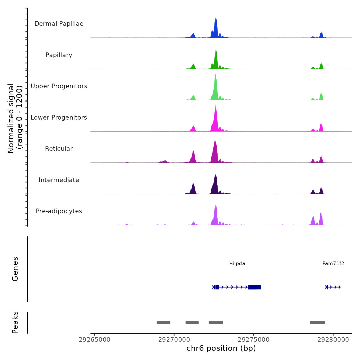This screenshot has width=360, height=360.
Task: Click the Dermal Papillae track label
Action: (59, 24)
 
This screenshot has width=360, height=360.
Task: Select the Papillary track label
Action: (59, 55)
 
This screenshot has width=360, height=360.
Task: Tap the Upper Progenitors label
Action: (59, 86)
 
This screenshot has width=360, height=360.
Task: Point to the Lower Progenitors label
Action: (59, 118)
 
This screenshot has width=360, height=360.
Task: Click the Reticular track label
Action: (59, 149)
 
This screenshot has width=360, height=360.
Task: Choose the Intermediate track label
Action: (59, 180)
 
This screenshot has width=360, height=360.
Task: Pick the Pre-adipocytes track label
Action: (59, 211)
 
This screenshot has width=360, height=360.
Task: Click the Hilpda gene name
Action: (237, 264)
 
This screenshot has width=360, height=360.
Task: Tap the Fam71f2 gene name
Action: (333, 264)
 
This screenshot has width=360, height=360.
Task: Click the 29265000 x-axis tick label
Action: (95, 340)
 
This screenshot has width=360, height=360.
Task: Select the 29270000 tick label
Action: (174, 340)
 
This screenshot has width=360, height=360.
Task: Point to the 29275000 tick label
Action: (254, 340)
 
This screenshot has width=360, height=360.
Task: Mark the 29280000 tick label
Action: (333, 340)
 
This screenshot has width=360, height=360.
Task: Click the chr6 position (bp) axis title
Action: (221, 348)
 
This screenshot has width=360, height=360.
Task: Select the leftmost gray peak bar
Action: (164, 323)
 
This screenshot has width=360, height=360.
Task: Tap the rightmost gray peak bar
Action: (318, 323)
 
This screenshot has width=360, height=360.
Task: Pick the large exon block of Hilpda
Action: (254, 287)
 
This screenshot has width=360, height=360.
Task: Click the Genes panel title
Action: (15, 269)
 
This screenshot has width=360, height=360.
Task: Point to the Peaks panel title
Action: (15, 322)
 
